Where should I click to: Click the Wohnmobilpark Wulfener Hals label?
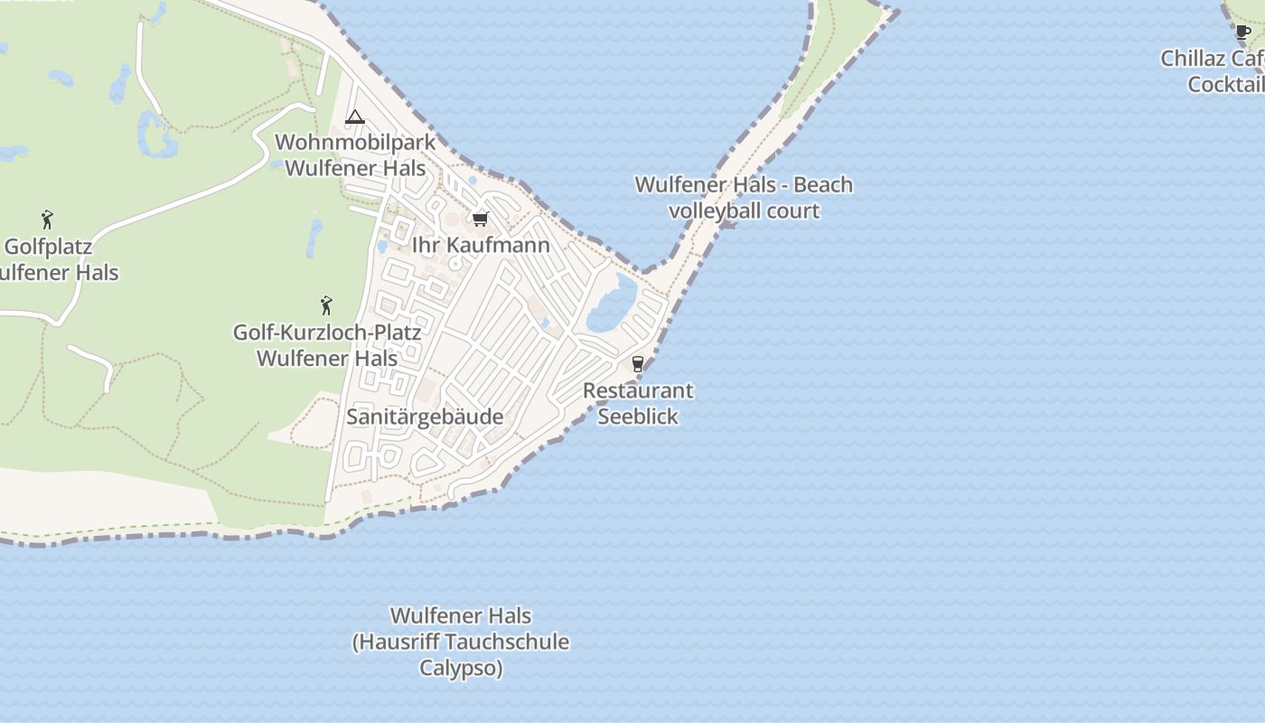click(355, 155)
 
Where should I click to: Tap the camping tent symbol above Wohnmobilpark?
click(354, 117)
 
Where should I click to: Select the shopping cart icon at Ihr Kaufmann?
click(481, 219)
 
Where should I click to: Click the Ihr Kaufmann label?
click(481, 245)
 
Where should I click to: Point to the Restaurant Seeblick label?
click(638, 403)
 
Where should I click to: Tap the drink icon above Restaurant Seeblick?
click(638, 364)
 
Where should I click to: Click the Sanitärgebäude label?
click(425, 417)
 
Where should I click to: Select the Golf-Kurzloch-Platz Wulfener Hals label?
click(327, 345)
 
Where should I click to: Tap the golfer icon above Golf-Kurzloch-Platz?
click(326, 305)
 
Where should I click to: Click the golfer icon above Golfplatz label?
click(47, 220)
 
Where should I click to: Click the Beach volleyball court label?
click(744, 198)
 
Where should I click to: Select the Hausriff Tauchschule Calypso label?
click(461, 642)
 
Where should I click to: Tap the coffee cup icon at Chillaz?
click(1243, 33)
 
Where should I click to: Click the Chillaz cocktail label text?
click(1216, 71)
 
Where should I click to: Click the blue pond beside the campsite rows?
click(612, 304)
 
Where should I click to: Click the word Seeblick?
click(638, 417)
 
